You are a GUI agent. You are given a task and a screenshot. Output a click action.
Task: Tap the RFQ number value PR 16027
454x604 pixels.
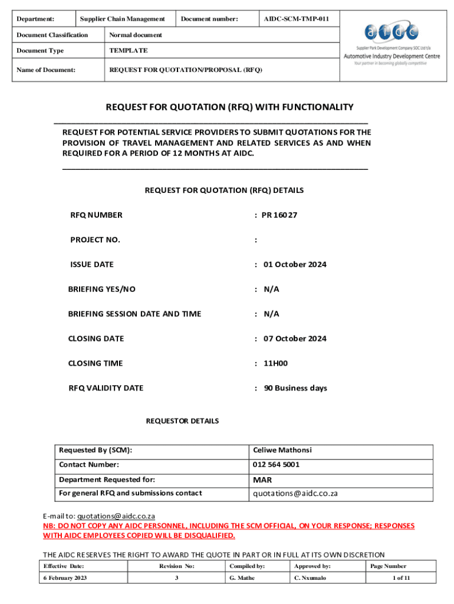279,215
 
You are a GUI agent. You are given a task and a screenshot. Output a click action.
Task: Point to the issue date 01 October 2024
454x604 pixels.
295,265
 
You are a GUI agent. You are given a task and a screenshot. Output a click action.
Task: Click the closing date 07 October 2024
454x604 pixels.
295,339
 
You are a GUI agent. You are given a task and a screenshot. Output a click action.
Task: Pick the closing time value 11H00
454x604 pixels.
275,363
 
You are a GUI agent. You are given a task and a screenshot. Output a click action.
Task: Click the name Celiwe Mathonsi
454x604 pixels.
282,450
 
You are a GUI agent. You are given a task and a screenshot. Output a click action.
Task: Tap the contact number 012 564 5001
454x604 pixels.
276,465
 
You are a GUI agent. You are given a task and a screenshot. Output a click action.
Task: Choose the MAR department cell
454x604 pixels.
262,480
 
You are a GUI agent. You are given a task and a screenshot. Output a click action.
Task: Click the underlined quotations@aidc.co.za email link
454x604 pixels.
116,516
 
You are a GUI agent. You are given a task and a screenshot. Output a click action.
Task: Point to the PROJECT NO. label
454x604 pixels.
95,240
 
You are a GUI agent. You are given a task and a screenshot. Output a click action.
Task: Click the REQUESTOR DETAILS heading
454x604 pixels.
182,421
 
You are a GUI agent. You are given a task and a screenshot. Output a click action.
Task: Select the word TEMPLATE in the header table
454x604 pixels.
129,51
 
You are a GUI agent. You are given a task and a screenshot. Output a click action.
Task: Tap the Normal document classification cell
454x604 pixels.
136,35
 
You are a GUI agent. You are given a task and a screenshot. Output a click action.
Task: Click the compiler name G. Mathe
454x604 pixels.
242,578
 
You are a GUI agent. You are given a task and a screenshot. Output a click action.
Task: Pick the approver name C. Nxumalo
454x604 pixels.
310,578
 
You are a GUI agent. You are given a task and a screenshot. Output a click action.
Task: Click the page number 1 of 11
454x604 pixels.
401,578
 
